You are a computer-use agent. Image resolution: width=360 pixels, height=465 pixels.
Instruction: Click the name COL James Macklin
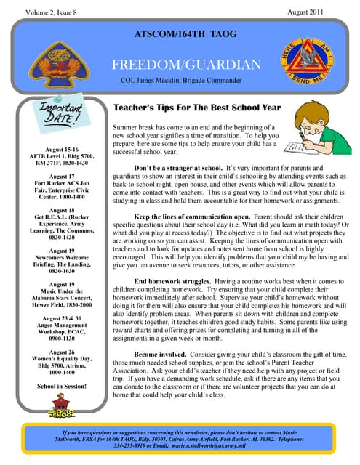coord(154,82)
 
